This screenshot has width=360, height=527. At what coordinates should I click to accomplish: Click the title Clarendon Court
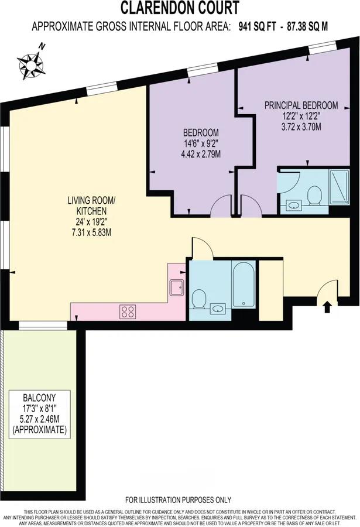pyautogui.click(x=180, y=8)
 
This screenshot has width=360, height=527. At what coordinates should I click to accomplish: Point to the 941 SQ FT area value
pyautogui.click(x=252, y=26)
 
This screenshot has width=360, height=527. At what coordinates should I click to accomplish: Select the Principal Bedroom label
pyautogui.click(x=301, y=105)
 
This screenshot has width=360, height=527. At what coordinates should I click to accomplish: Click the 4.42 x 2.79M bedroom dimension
pyautogui.click(x=200, y=154)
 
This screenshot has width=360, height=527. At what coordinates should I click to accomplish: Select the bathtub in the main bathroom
pyautogui.click(x=242, y=284)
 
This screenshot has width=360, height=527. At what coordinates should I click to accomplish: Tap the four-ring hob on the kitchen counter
pyautogui.click(x=128, y=312)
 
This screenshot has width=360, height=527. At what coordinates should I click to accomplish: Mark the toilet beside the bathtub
pyautogui.click(x=198, y=300)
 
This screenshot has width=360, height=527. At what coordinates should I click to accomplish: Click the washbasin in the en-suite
pyautogui.click(x=293, y=204)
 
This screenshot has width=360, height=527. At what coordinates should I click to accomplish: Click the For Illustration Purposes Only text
pyautogui.click(x=179, y=499)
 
